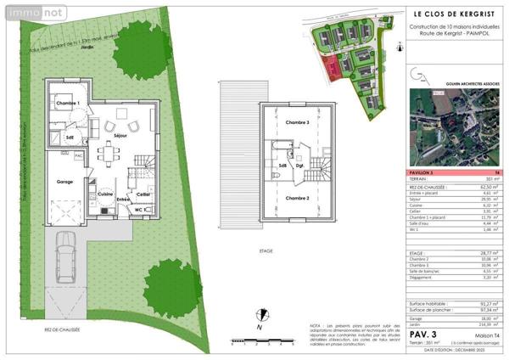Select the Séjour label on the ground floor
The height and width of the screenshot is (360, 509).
pyautogui.click(x=120, y=136)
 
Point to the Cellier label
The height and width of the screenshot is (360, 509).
pyautogui.click(x=143, y=194)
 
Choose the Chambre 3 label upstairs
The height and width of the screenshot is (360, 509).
pyautogui.click(x=297, y=123)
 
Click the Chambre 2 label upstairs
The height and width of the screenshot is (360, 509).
pyautogui.click(x=297, y=198)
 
